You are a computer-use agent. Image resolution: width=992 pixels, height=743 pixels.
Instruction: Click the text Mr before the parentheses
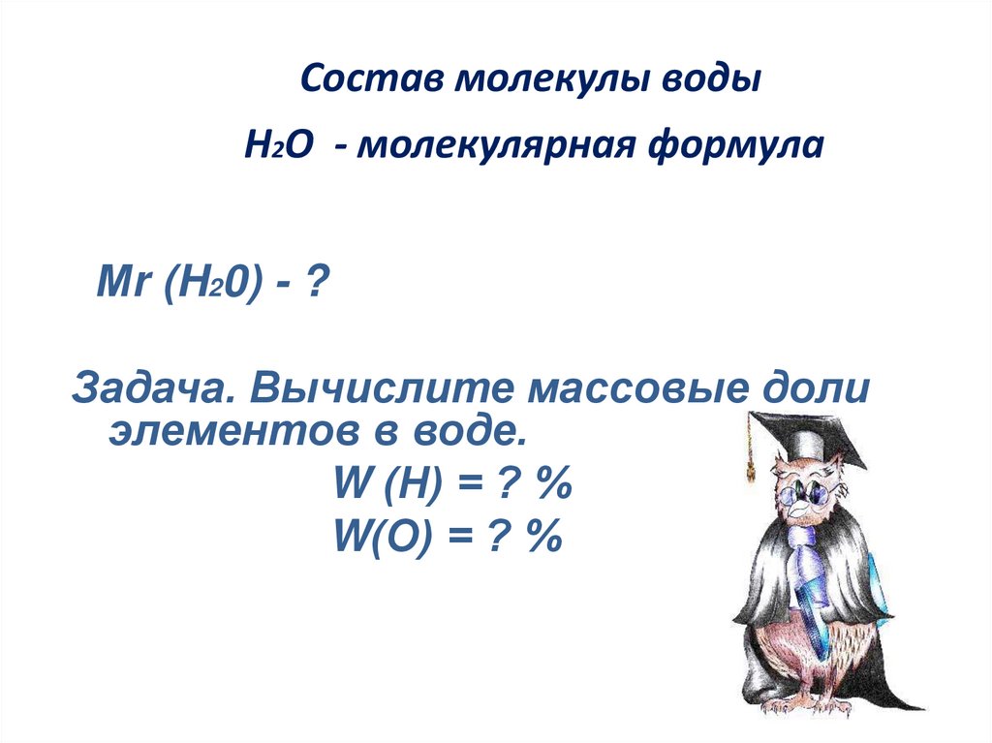click(x=121, y=286)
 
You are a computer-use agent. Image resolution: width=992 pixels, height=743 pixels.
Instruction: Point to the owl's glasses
click(x=804, y=492)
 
